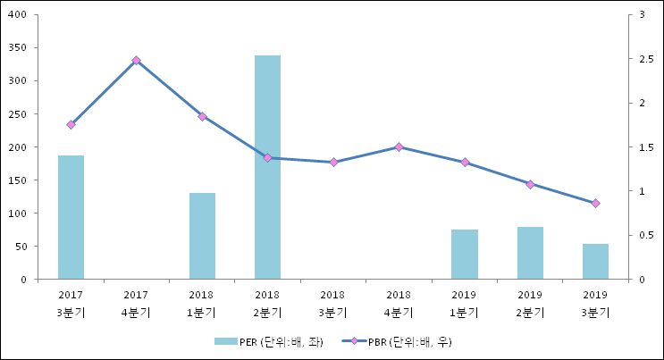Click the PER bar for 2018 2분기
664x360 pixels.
[267, 167]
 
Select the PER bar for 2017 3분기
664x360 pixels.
[71, 217]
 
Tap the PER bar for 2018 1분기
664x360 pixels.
[202, 236]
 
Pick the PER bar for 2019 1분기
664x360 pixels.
[465, 255]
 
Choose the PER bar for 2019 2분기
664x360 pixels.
[530, 253]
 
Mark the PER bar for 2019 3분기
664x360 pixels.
[595, 262]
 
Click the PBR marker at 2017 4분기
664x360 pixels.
[136, 61]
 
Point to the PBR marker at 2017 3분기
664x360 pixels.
[71, 124]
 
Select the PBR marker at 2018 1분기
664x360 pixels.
[202, 116]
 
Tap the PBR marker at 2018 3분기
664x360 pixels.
[333, 162]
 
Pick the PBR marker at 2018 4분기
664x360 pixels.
[399, 147]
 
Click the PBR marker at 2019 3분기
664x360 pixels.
[595, 203]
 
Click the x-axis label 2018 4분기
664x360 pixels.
[399, 303]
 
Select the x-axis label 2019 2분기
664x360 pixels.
[530, 303]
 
